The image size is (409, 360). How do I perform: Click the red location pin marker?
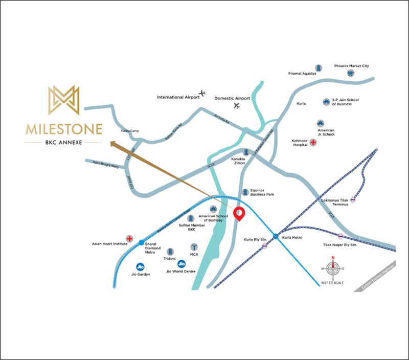tap(239, 213)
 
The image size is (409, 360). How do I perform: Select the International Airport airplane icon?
tap(203, 93)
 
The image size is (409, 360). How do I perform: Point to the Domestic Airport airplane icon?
tap(236, 106)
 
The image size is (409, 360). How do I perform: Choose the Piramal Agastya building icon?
tap(319, 68)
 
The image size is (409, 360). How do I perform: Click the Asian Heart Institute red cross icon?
tap(130, 239)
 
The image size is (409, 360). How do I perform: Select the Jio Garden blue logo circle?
tap(140, 266)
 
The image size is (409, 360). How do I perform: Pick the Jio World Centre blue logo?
tap(181, 264)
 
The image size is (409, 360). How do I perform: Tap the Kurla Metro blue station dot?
tap(276, 236)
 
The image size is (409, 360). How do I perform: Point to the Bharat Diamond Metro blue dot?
tap(141, 242)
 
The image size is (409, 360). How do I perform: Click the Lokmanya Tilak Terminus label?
tap(334, 201)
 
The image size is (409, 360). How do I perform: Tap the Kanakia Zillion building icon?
tap(246, 152)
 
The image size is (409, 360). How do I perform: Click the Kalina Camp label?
tap(130, 131)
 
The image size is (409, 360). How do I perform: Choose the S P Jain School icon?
tap(326, 102)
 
